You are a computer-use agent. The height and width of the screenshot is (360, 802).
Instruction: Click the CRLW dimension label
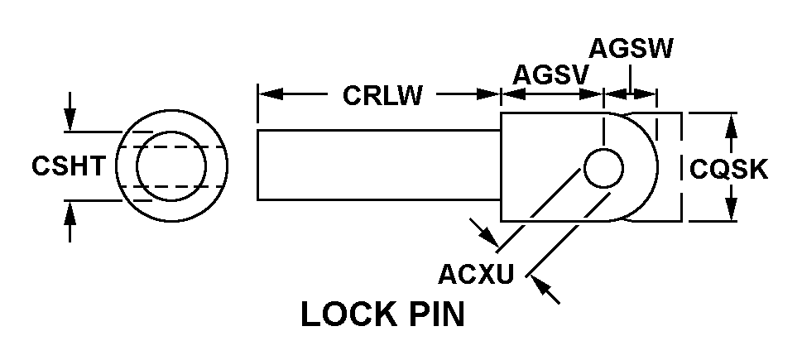point(382,96)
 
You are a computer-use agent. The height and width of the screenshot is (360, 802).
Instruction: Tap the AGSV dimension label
point(550,74)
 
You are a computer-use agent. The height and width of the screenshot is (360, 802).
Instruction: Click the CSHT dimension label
point(69,166)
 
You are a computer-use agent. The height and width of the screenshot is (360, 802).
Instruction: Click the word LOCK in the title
point(345,315)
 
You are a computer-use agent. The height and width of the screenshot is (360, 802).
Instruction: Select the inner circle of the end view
point(171,166)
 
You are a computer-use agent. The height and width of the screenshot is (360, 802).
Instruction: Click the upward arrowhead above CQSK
point(731,127)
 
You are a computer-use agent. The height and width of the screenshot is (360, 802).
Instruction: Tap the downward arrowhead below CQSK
point(731,211)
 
